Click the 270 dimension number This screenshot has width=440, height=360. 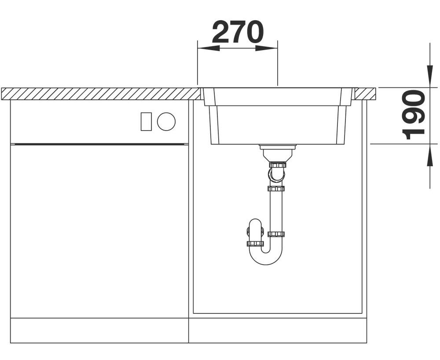(238, 32)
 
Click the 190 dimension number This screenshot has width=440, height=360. (413, 115)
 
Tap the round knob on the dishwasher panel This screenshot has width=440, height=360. (166, 121)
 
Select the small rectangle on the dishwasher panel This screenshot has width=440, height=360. (146, 121)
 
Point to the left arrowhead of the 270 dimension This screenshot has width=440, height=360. (209, 48)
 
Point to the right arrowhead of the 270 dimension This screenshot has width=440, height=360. (267, 48)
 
